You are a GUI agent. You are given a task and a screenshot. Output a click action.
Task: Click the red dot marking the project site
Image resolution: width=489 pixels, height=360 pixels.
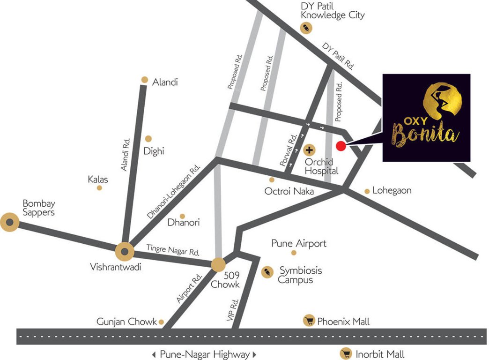click(x=341, y=146)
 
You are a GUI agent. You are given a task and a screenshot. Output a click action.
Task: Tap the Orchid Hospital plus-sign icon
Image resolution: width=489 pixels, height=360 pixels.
click(x=310, y=150)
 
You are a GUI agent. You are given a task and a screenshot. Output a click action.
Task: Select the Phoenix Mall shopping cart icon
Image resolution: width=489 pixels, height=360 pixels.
click(x=309, y=321)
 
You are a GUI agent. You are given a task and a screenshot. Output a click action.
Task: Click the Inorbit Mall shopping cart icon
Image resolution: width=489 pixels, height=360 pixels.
click(x=346, y=354)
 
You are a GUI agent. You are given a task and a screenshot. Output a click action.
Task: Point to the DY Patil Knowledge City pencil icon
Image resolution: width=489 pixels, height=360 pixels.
click(x=305, y=29)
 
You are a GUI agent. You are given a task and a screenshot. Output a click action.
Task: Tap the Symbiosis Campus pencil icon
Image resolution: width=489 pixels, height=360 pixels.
click(x=267, y=271)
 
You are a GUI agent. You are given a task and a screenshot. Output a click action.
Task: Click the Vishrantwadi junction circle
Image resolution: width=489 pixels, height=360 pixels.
click(x=125, y=252)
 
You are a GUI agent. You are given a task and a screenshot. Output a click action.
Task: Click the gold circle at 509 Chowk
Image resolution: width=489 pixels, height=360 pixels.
click(x=218, y=264)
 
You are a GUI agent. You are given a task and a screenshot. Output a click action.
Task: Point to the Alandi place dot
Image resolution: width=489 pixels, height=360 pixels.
click(x=145, y=80)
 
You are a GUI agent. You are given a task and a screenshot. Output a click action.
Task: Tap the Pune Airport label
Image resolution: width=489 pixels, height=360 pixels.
click(x=299, y=244)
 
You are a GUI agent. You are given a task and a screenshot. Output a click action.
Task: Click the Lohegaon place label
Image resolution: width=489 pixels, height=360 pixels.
click(x=392, y=190)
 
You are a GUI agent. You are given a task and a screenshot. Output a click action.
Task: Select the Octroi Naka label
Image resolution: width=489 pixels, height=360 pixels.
click(x=289, y=191)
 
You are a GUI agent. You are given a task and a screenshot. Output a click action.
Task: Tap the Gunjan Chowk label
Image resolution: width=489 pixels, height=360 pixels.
click(x=126, y=322)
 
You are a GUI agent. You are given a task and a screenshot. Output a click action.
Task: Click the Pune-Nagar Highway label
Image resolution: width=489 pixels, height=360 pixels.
click(x=204, y=354)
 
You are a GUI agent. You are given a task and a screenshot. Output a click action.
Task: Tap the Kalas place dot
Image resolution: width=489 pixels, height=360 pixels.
click(x=99, y=188)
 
